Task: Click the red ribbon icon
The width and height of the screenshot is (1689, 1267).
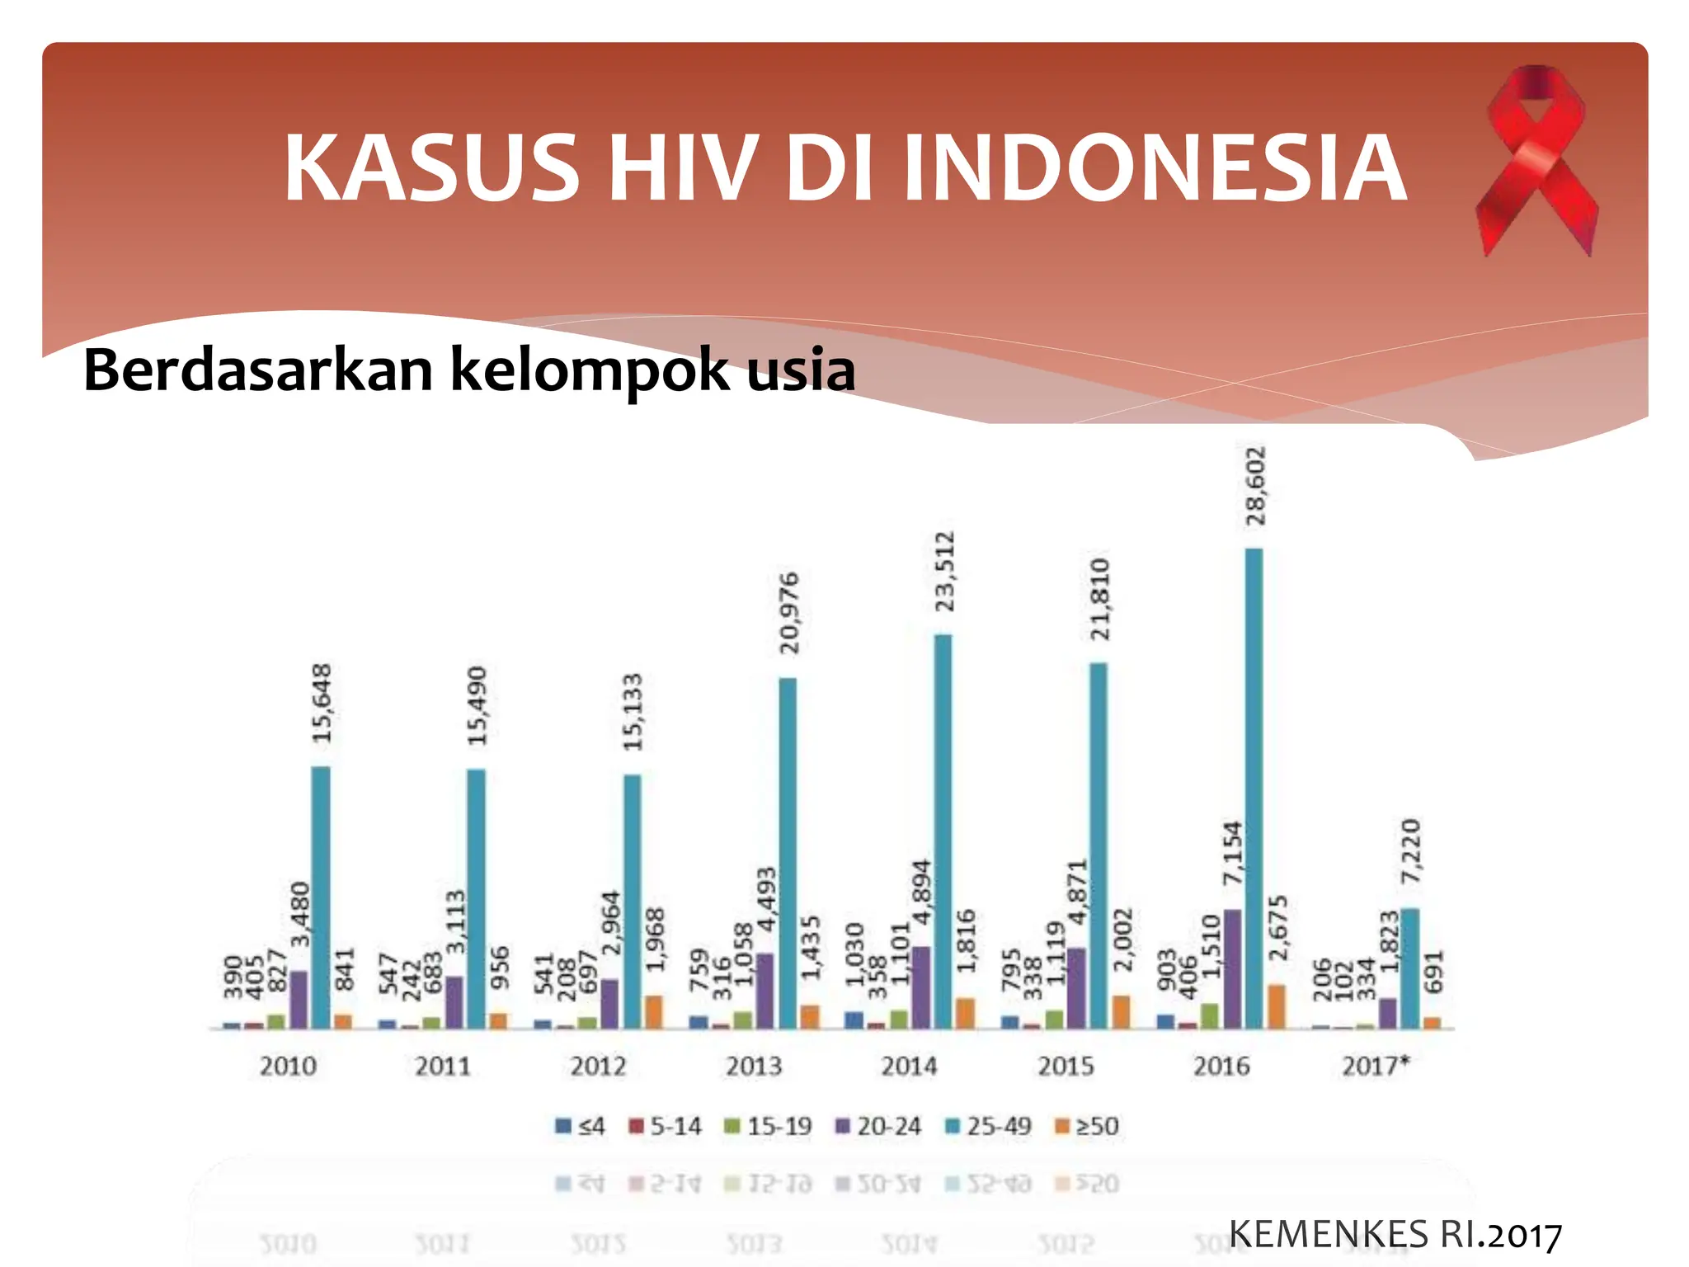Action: pos(1536,161)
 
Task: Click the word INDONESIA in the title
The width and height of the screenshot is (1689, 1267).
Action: pos(1155,168)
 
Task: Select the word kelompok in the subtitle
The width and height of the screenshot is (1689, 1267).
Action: pos(590,370)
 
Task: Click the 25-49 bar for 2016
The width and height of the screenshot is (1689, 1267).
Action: pos(1254,788)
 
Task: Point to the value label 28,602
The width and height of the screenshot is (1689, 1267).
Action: pos(1255,486)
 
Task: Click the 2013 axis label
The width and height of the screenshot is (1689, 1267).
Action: pos(754,1066)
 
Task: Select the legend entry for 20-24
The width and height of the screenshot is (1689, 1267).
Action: pos(878,1126)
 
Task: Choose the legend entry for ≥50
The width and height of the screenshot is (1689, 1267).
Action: pos(1088,1126)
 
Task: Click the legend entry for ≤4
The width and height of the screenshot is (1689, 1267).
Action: pos(581,1126)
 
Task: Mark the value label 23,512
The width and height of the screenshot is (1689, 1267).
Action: pos(944,572)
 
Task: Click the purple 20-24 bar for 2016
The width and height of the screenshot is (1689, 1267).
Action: pos(1232,969)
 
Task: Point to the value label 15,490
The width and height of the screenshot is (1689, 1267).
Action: pos(478,706)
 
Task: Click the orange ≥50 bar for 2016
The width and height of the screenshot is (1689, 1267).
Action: pos(1277,1006)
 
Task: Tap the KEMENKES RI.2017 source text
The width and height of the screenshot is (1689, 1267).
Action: pos(1395,1235)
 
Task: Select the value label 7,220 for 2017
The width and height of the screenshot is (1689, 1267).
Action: pos(1411,851)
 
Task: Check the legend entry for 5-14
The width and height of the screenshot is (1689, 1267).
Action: pos(666,1126)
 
